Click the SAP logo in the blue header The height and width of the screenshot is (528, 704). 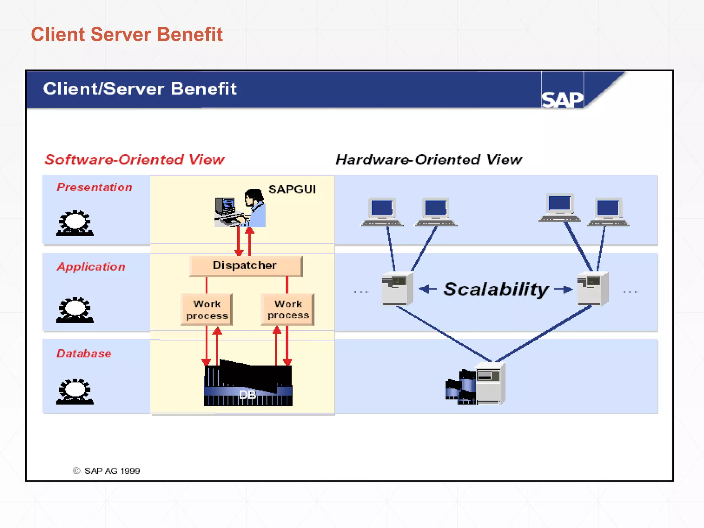click(562, 99)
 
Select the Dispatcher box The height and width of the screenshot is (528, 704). click(245, 266)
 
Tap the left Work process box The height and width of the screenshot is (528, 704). click(207, 309)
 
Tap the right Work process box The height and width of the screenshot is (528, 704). click(288, 309)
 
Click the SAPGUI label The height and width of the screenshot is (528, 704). click(292, 189)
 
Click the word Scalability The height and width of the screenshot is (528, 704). click(496, 289)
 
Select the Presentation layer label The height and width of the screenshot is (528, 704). click(94, 187)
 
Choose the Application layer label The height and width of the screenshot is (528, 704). click(91, 267)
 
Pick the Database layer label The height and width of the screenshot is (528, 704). click(84, 353)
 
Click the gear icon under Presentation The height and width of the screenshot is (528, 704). click(75, 223)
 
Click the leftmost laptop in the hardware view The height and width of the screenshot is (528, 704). click(382, 212)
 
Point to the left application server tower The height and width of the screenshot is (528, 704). click(397, 288)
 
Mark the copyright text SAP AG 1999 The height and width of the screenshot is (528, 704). click(107, 471)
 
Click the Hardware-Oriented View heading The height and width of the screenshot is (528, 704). click(428, 160)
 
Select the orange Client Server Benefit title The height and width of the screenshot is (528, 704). click(127, 34)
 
